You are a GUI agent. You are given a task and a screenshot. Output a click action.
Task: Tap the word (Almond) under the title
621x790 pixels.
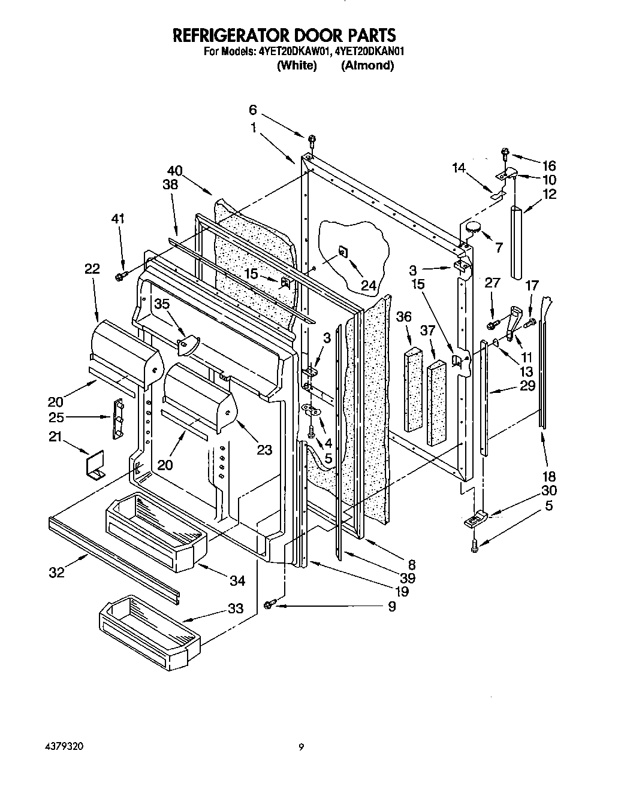tap(367, 66)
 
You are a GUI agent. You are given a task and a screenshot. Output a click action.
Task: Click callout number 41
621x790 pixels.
tap(118, 219)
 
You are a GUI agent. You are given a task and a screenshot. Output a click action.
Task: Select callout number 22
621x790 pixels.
tap(92, 270)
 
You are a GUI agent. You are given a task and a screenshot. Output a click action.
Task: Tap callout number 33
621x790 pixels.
tap(236, 609)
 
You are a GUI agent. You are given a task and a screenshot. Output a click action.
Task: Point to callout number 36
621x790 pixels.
tap(404, 316)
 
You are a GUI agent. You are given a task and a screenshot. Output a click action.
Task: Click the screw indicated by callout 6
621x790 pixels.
tap(312, 141)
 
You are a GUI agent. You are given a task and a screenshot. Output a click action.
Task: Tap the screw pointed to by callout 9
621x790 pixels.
tap(268, 605)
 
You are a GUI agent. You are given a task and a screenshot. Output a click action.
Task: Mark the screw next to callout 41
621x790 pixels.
tap(119, 275)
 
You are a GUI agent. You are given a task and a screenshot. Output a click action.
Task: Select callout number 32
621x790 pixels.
tap(56, 573)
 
